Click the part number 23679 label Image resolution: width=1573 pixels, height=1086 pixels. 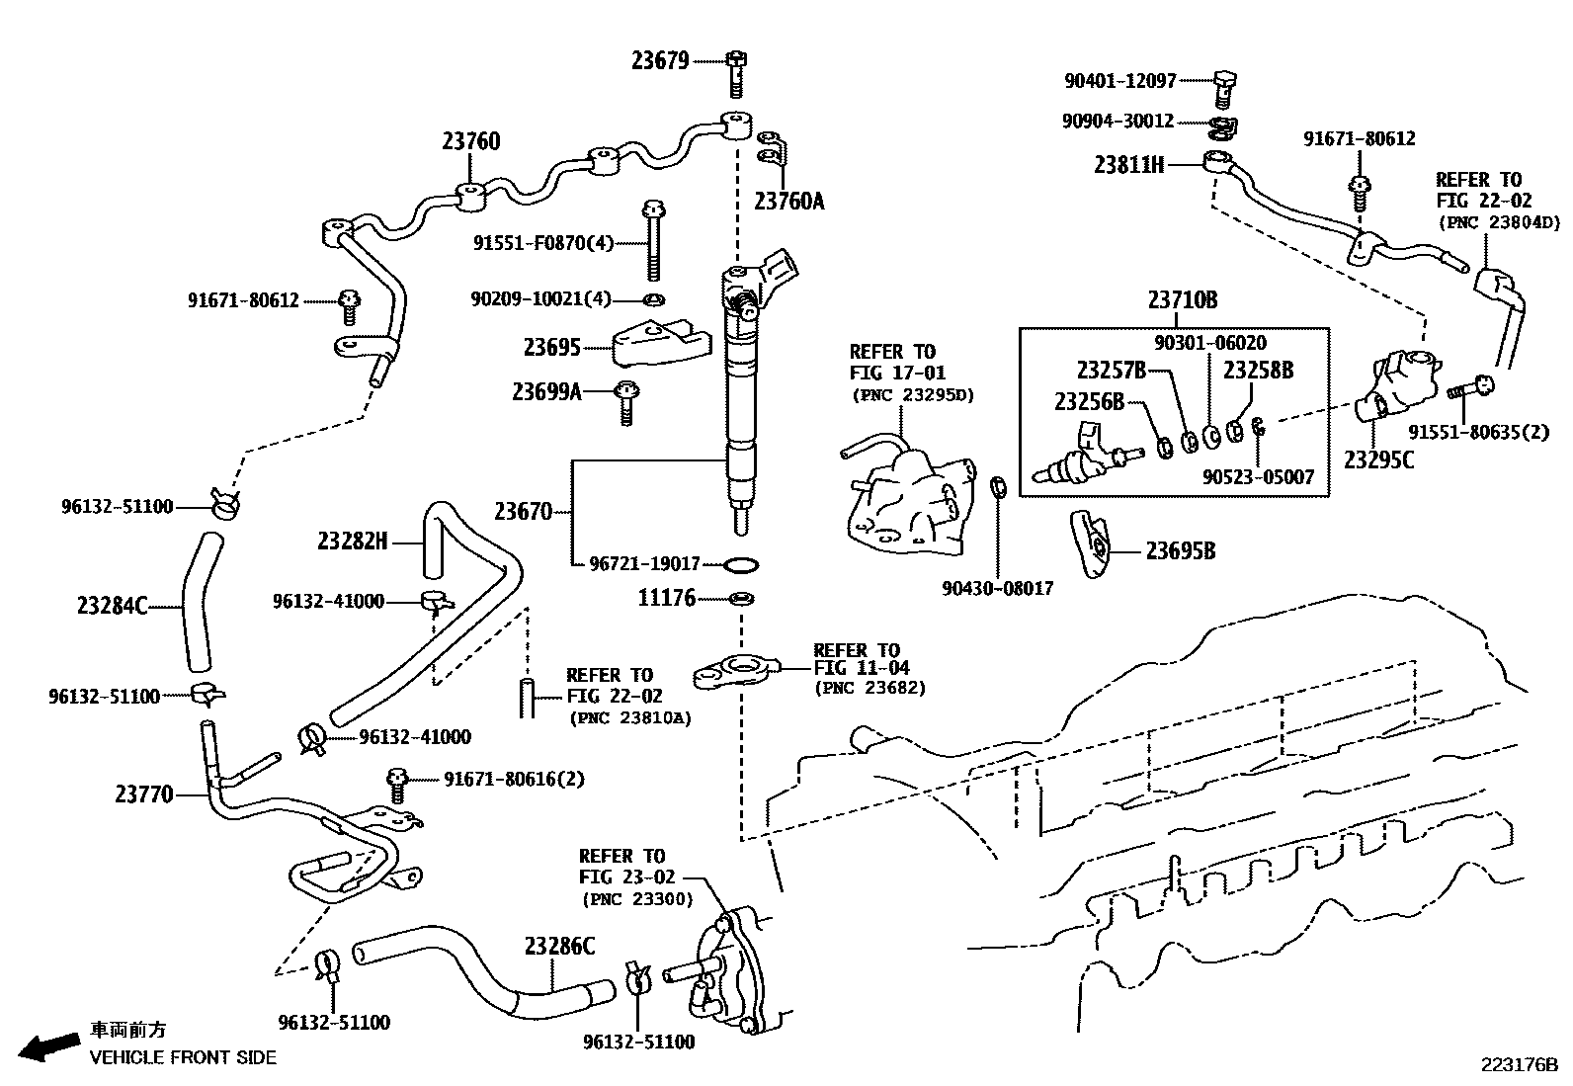[x=660, y=61]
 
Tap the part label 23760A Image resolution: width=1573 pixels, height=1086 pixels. [x=788, y=202]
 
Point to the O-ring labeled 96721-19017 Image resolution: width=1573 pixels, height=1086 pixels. [x=742, y=565]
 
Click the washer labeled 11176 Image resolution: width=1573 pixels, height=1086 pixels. [x=740, y=599]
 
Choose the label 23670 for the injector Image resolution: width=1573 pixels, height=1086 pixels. [x=523, y=512]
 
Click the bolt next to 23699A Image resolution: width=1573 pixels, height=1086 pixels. [x=625, y=402]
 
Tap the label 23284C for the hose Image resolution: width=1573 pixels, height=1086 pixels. [x=111, y=605]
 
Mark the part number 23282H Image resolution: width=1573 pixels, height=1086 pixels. [x=353, y=541]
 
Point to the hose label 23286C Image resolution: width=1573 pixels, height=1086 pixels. [x=559, y=947]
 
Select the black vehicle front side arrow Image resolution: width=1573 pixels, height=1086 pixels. [x=49, y=1045]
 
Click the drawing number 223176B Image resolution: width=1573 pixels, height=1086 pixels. [x=1518, y=1065]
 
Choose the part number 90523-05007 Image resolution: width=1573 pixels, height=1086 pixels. [x=1258, y=477]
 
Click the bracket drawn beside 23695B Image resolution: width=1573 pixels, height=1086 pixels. [x=1092, y=543]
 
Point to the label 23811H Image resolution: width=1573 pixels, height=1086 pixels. [x=1128, y=165]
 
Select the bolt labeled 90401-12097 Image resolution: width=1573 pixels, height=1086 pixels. [x=1223, y=88]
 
